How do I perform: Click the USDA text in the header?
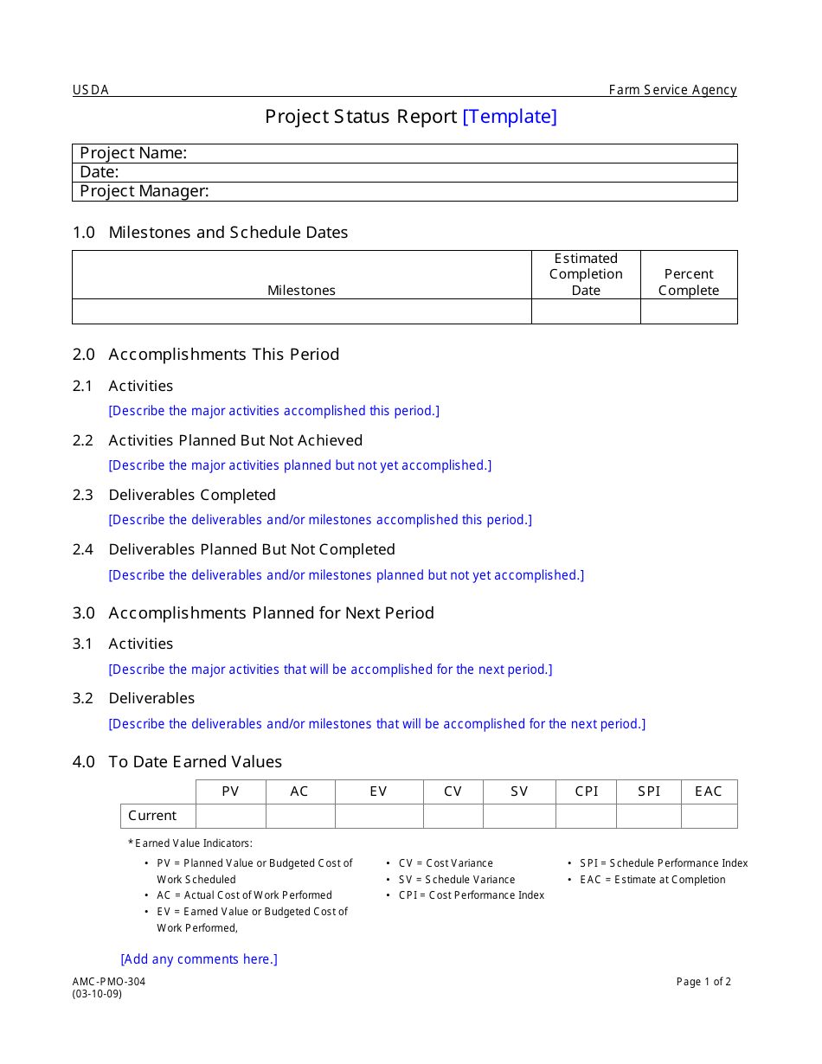coord(91,90)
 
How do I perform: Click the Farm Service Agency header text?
coord(672,90)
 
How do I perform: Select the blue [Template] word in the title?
coord(510,117)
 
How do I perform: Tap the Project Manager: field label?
coord(144,191)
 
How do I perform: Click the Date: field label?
coord(100,172)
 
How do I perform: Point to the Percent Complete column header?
coord(689,282)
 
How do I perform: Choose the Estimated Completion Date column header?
coord(586,274)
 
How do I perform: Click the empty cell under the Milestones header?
coord(301,311)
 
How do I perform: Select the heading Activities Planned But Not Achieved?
coord(235,440)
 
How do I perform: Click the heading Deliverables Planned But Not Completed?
coord(252,549)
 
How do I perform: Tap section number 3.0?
coord(84,612)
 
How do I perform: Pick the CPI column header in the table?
coord(587,792)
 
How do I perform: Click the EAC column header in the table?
coord(709,792)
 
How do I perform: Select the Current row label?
coord(152,816)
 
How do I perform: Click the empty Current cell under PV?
coord(231,816)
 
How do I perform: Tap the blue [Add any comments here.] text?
coord(199,959)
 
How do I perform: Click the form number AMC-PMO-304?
coord(109,982)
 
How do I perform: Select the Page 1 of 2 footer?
coord(703,982)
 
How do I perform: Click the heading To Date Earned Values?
coord(196,762)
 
